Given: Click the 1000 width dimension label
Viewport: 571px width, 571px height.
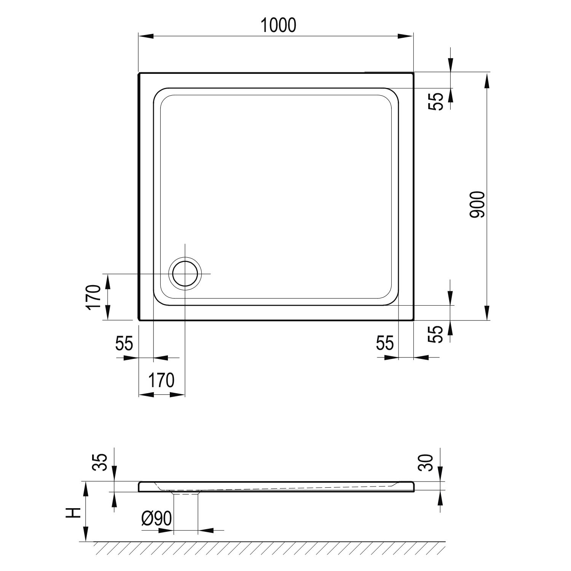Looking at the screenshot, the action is coord(278,26).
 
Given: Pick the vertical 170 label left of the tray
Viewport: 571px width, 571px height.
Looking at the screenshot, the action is coord(95,298).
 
